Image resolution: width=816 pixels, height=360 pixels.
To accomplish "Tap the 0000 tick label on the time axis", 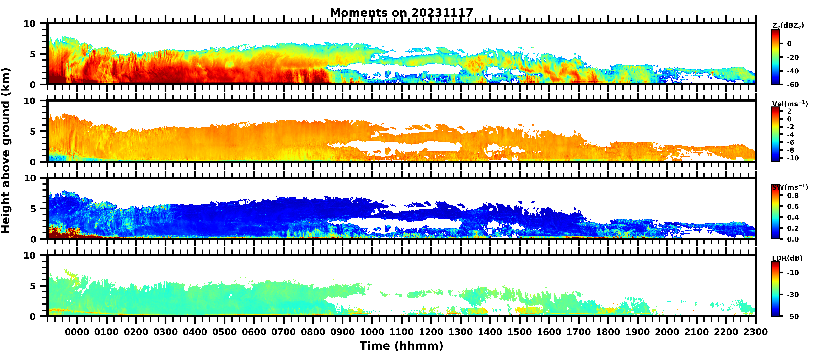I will click(x=77, y=332).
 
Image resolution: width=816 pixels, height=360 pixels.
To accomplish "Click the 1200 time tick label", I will click(x=431, y=332).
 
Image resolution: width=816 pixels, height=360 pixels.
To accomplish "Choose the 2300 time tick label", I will click(x=755, y=332).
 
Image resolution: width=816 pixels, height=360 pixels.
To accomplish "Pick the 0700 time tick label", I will click(x=284, y=332).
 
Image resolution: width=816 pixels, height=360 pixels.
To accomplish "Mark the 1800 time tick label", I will click(x=608, y=332).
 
